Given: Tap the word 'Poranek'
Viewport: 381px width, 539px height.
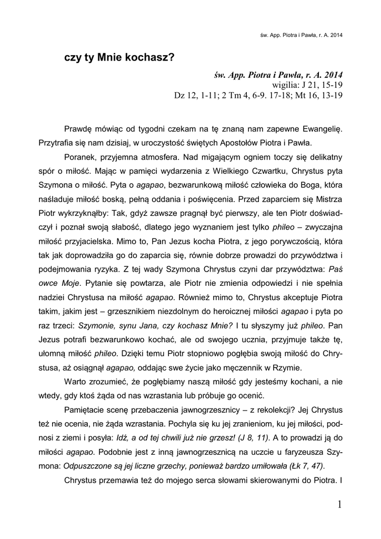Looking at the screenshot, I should click(79, 157).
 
